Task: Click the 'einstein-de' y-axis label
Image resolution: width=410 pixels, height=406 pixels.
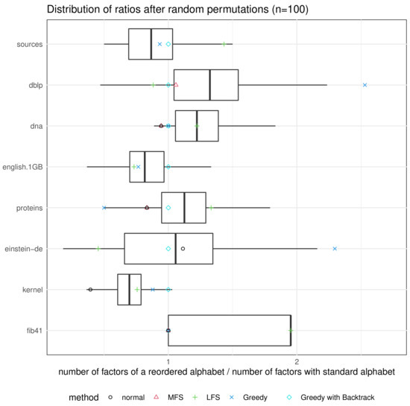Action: tap(22, 248)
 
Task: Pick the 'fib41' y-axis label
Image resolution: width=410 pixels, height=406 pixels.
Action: tap(32, 330)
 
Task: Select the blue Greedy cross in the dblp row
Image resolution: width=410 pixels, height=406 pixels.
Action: tap(365, 85)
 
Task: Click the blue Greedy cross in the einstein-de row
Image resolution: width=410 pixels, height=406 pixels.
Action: tap(335, 248)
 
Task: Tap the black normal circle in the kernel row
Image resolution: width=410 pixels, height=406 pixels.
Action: tap(90, 289)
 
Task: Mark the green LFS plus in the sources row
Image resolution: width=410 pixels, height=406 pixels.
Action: tap(224, 44)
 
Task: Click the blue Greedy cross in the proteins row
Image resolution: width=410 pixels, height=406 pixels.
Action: tap(104, 207)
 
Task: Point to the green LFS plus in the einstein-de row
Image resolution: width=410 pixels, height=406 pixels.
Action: tap(98, 248)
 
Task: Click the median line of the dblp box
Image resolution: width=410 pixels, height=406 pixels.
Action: tap(210, 85)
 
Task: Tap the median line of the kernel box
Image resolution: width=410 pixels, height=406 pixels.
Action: tap(130, 289)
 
